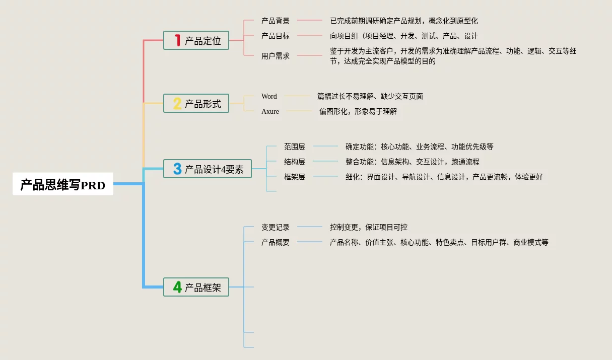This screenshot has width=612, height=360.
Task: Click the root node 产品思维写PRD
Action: pyautogui.click(x=63, y=185)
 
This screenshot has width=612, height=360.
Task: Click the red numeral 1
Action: pyautogui.click(x=177, y=40)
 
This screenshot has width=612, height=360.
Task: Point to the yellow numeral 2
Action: pyautogui.click(x=177, y=104)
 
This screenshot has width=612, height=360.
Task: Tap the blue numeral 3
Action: pyautogui.click(x=177, y=169)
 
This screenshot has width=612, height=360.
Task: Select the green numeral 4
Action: pyautogui.click(x=177, y=287)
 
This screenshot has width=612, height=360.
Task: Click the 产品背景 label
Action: pyautogui.click(x=276, y=21)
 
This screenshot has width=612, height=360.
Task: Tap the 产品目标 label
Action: pyautogui.click(x=276, y=36)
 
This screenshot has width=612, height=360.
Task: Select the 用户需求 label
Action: pyautogui.click(x=276, y=56)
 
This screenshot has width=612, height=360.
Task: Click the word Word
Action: pyautogui.click(x=269, y=96)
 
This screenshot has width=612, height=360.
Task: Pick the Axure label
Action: pyautogui.click(x=270, y=111)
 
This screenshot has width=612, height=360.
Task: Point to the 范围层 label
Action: pyautogui.click(x=295, y=147)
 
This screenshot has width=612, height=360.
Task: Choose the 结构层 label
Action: pyautogui.click(x=295, y=162)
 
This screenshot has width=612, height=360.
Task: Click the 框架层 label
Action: pyautogui.click(x=295, y=177)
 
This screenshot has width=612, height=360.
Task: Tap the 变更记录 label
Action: pyautogui.click(x=276, y=227)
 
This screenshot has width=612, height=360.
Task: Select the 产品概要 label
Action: pyautogui.click(x=276, y=242)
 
